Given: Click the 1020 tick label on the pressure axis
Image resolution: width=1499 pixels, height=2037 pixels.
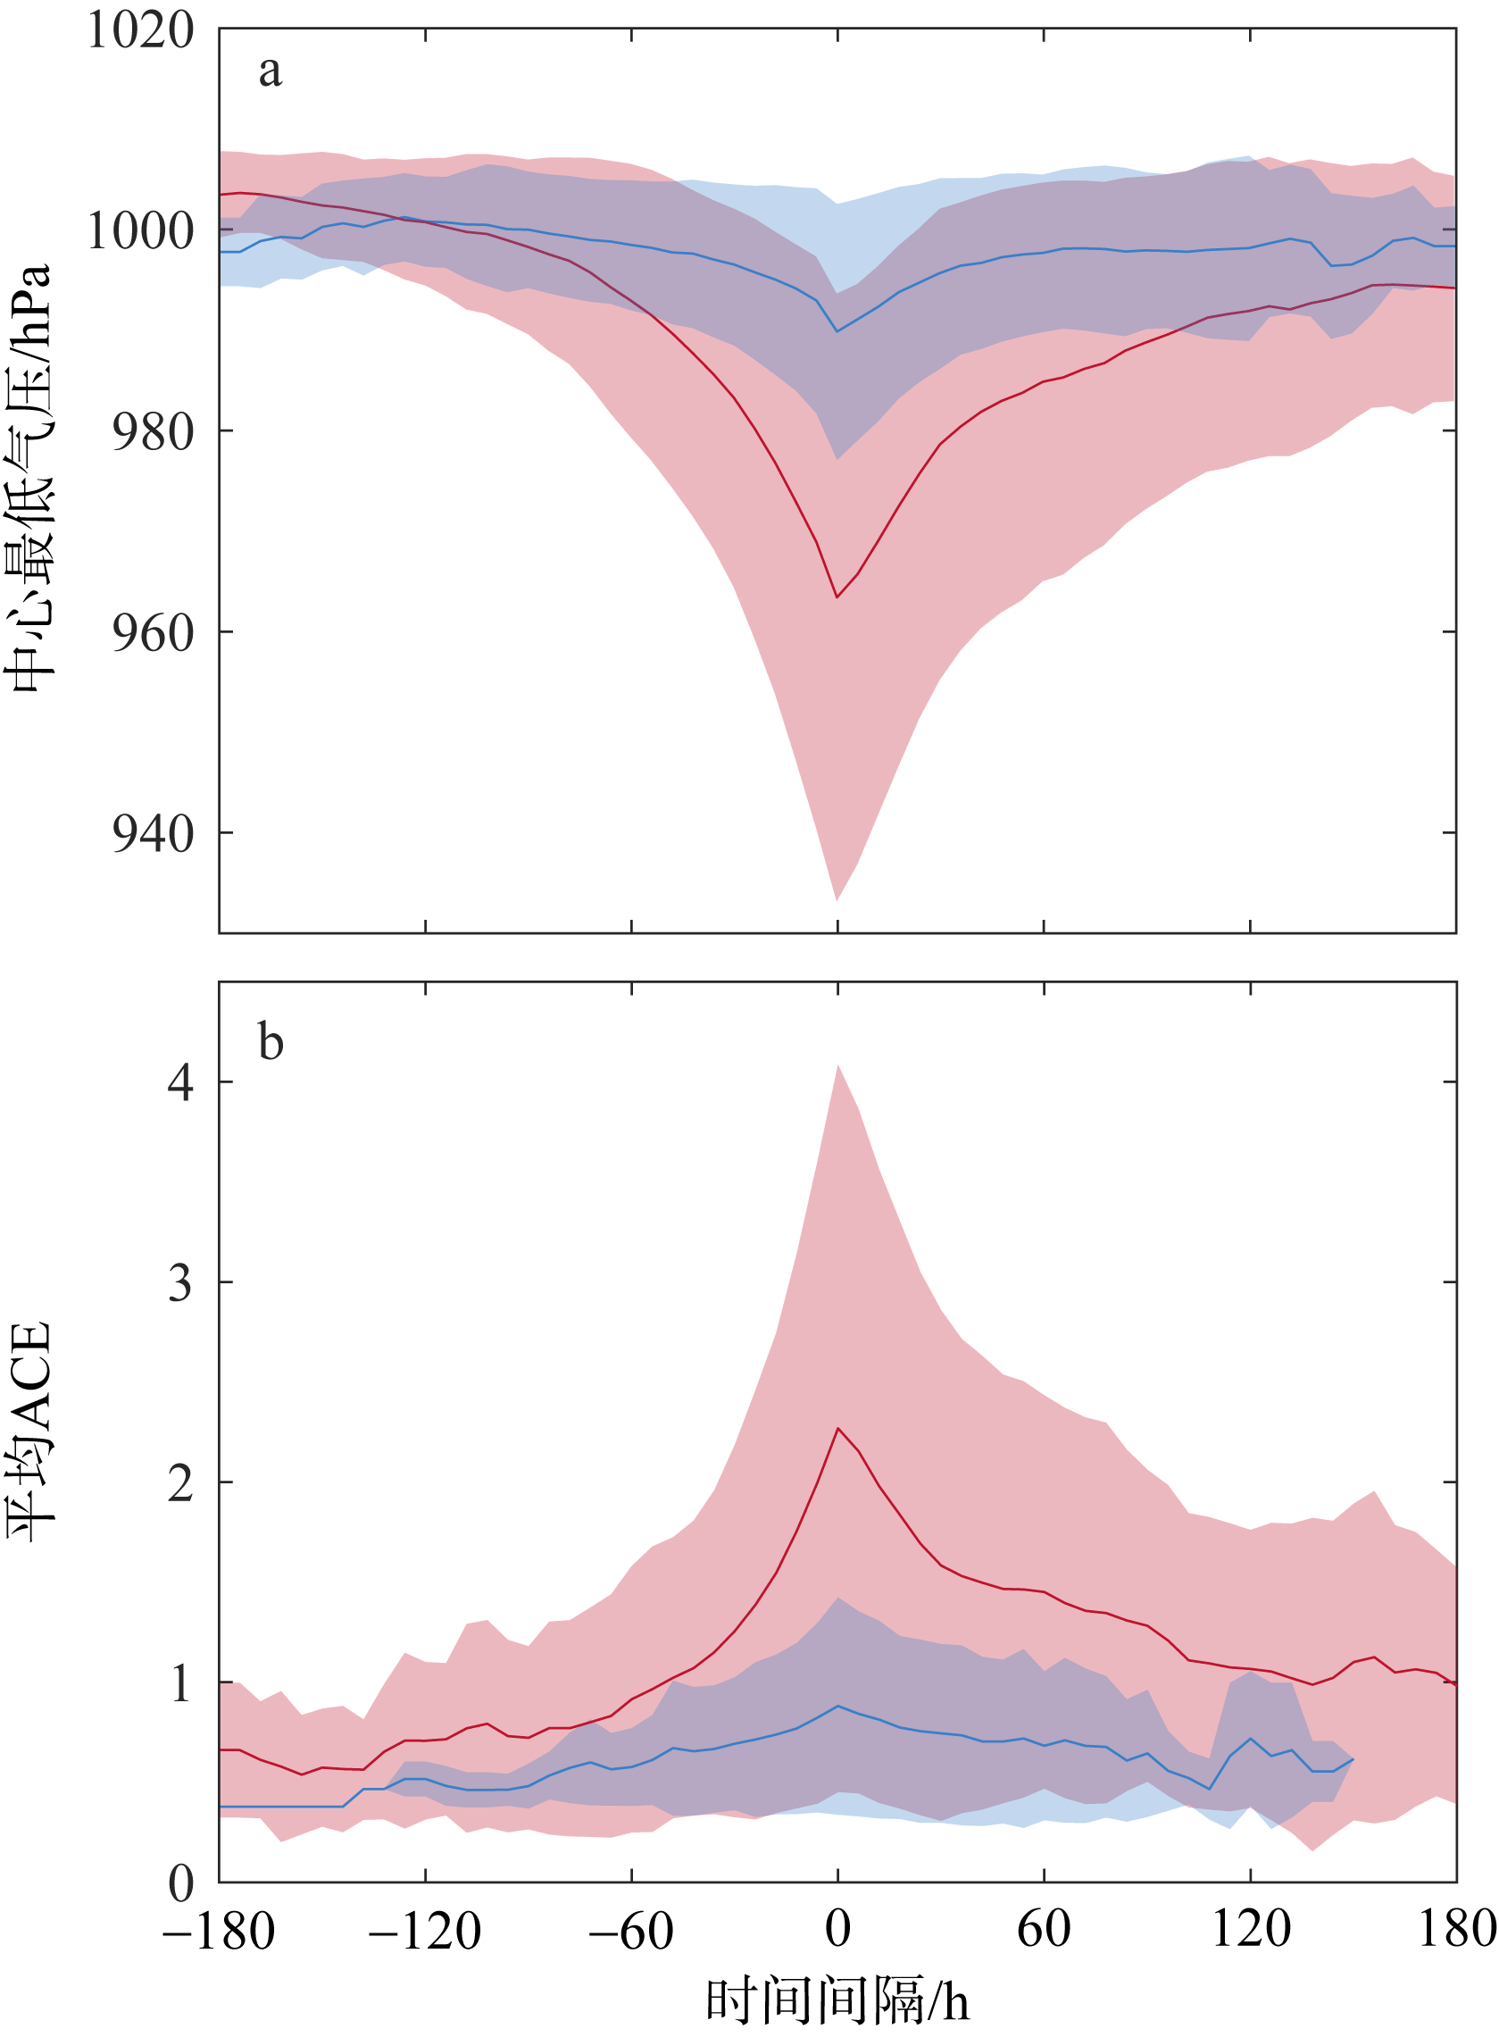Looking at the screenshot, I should click(141, 31).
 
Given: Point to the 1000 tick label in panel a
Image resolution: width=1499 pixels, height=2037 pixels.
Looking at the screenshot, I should click(141, 231).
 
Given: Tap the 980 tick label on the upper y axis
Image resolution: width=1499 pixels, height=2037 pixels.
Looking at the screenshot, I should click(154, 432).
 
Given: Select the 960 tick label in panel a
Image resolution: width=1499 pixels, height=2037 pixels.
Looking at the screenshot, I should click(154, 632).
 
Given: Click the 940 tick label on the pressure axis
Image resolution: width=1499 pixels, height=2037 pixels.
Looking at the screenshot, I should click(154, 833).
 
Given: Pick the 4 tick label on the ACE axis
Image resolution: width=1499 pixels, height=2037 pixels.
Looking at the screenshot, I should click(180, 1082).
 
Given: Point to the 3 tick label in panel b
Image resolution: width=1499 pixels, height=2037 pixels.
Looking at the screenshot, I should click(180, 1282).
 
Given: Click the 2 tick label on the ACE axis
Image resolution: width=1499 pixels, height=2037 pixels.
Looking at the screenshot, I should click(180, 1483).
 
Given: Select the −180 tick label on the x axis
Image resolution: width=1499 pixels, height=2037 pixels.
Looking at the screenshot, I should click(219, 1930).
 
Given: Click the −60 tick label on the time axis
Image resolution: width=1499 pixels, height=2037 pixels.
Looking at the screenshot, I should click(630, 1930).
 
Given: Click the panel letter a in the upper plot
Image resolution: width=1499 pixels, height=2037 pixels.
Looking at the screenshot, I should click(270, 71).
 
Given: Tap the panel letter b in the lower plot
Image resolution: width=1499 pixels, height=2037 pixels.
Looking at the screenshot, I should click(271, 1041).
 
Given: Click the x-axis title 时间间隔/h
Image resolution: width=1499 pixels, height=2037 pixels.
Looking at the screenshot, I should click(837, 2000).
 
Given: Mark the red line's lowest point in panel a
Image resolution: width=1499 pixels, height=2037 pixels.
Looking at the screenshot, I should click(837, 597).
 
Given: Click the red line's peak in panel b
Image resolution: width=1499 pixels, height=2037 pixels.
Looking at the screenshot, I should click(837, 1428).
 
